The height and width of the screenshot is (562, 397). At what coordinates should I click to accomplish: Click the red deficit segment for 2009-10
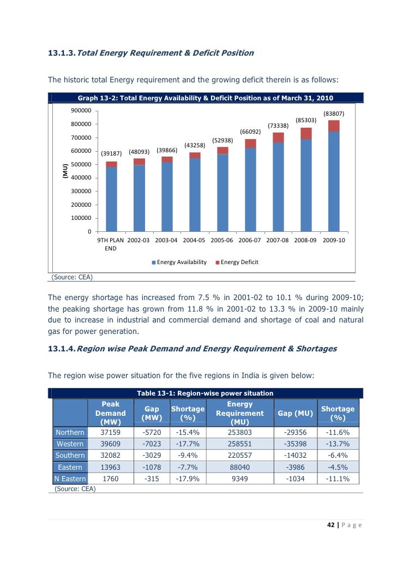[x=334, y=125]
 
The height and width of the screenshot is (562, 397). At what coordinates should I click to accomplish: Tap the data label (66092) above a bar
[x=250, y=131]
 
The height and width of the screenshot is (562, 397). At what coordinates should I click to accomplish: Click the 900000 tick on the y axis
[x=81, y=110]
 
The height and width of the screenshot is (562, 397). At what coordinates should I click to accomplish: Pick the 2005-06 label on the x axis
[x=222, y=240]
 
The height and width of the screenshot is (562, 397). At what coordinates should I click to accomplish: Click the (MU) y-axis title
[x=64, y=171]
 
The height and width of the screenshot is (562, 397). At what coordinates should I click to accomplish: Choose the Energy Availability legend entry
[x=182, y=262]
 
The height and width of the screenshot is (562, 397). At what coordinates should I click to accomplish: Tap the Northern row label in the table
[x=70, y=433]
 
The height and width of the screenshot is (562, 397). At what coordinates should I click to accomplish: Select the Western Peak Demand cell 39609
[x=110, y=444]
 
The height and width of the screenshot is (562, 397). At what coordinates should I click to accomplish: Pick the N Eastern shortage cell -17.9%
[x=188, y=479]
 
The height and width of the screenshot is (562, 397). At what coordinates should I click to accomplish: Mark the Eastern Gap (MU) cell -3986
[x=296, y=467]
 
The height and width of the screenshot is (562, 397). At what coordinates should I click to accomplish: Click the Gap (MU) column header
[x=296, y=414]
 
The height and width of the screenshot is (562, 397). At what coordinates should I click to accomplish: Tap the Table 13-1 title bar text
[x=205, y=393]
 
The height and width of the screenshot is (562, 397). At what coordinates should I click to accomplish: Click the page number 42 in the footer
[x=329, y=525]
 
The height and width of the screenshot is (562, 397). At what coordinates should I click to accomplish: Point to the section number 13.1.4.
[x=62, y=349]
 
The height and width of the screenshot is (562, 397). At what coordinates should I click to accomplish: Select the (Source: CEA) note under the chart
[x=72, y=277]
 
